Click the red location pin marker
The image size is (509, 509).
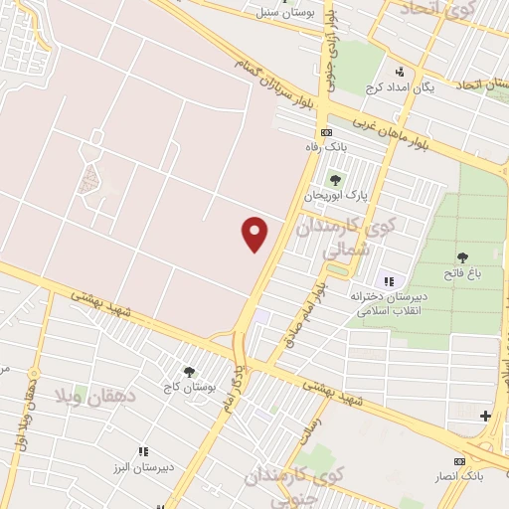[x=255, y=234]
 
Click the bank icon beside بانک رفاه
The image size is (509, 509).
[x=325, y=132]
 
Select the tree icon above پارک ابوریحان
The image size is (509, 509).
[x=334, y=180]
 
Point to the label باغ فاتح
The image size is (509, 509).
[x=461, y=274]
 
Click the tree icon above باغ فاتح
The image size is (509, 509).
[x=461, y=258]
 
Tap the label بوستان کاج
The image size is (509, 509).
[x=188, y=386]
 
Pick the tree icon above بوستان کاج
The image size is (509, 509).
[x=188, y=371]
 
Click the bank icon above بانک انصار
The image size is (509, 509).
[x=459, y=461]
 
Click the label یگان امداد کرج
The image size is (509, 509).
[x=401, y=87]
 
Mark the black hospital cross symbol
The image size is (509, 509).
[x=485, y=416]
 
